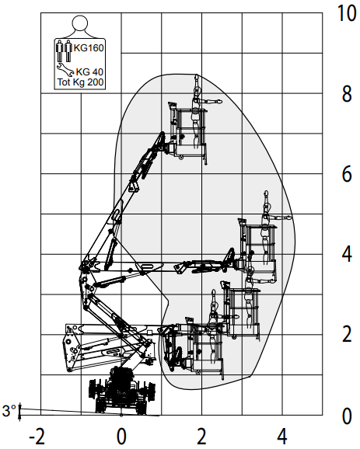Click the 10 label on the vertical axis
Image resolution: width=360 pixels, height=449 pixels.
[347, 13]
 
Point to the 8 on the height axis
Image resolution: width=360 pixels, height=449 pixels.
[347, 94]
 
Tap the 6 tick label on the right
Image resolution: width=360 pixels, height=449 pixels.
[347, 174]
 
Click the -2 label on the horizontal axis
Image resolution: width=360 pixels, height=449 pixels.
[37, 437]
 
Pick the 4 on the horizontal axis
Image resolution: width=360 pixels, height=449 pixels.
[282, 437]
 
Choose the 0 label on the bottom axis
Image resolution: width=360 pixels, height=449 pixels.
[121, 437]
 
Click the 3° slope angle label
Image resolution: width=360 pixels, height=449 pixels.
[9, 411]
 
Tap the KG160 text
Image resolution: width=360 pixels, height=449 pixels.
[89, 48]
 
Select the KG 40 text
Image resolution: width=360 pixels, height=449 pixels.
[89, 72]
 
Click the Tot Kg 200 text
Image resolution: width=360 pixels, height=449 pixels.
[81, 82]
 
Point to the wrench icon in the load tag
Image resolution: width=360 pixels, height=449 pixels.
[65, 69]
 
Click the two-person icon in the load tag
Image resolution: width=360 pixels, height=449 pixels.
[63, 51]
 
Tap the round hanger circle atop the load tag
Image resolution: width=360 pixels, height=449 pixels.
[79, 23]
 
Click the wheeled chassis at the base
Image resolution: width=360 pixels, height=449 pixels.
[122, 391]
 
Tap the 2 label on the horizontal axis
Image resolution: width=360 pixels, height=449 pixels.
[202, 437]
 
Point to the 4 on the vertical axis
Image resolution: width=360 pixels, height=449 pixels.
[347, 254]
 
